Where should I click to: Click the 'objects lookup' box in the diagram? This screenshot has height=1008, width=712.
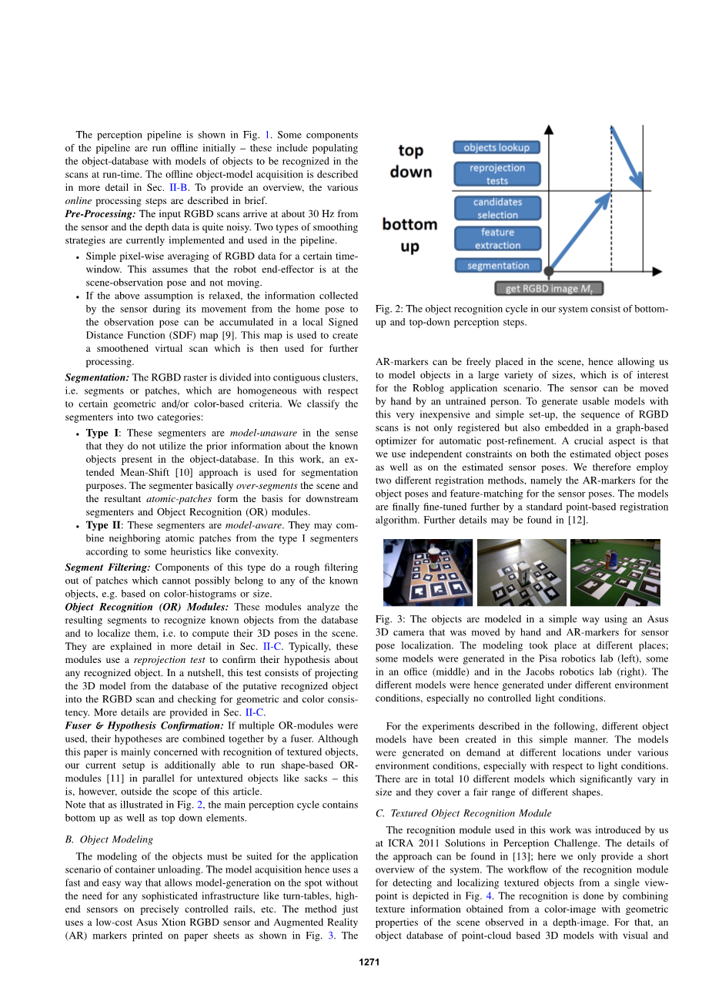496,147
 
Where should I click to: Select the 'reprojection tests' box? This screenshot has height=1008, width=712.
496,174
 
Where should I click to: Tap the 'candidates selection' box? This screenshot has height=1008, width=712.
496,209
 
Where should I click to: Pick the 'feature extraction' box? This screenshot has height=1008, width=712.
497,239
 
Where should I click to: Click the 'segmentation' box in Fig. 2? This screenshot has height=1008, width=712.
497,266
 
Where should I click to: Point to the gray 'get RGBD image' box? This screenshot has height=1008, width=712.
548,289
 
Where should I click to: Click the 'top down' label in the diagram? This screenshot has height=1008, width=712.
410,161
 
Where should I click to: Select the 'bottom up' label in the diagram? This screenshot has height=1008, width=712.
409,235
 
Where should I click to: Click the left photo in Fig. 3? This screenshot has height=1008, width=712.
428,572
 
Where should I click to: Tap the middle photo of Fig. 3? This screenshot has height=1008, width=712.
521,572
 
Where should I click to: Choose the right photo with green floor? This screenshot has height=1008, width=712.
614,572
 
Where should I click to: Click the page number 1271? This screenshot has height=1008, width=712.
369,962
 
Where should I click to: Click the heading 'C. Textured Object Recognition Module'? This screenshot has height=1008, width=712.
463,813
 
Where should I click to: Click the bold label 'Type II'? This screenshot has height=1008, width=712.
102,525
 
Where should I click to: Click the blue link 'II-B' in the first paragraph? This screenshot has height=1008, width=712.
178,187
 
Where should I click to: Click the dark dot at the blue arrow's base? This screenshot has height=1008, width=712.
549,272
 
